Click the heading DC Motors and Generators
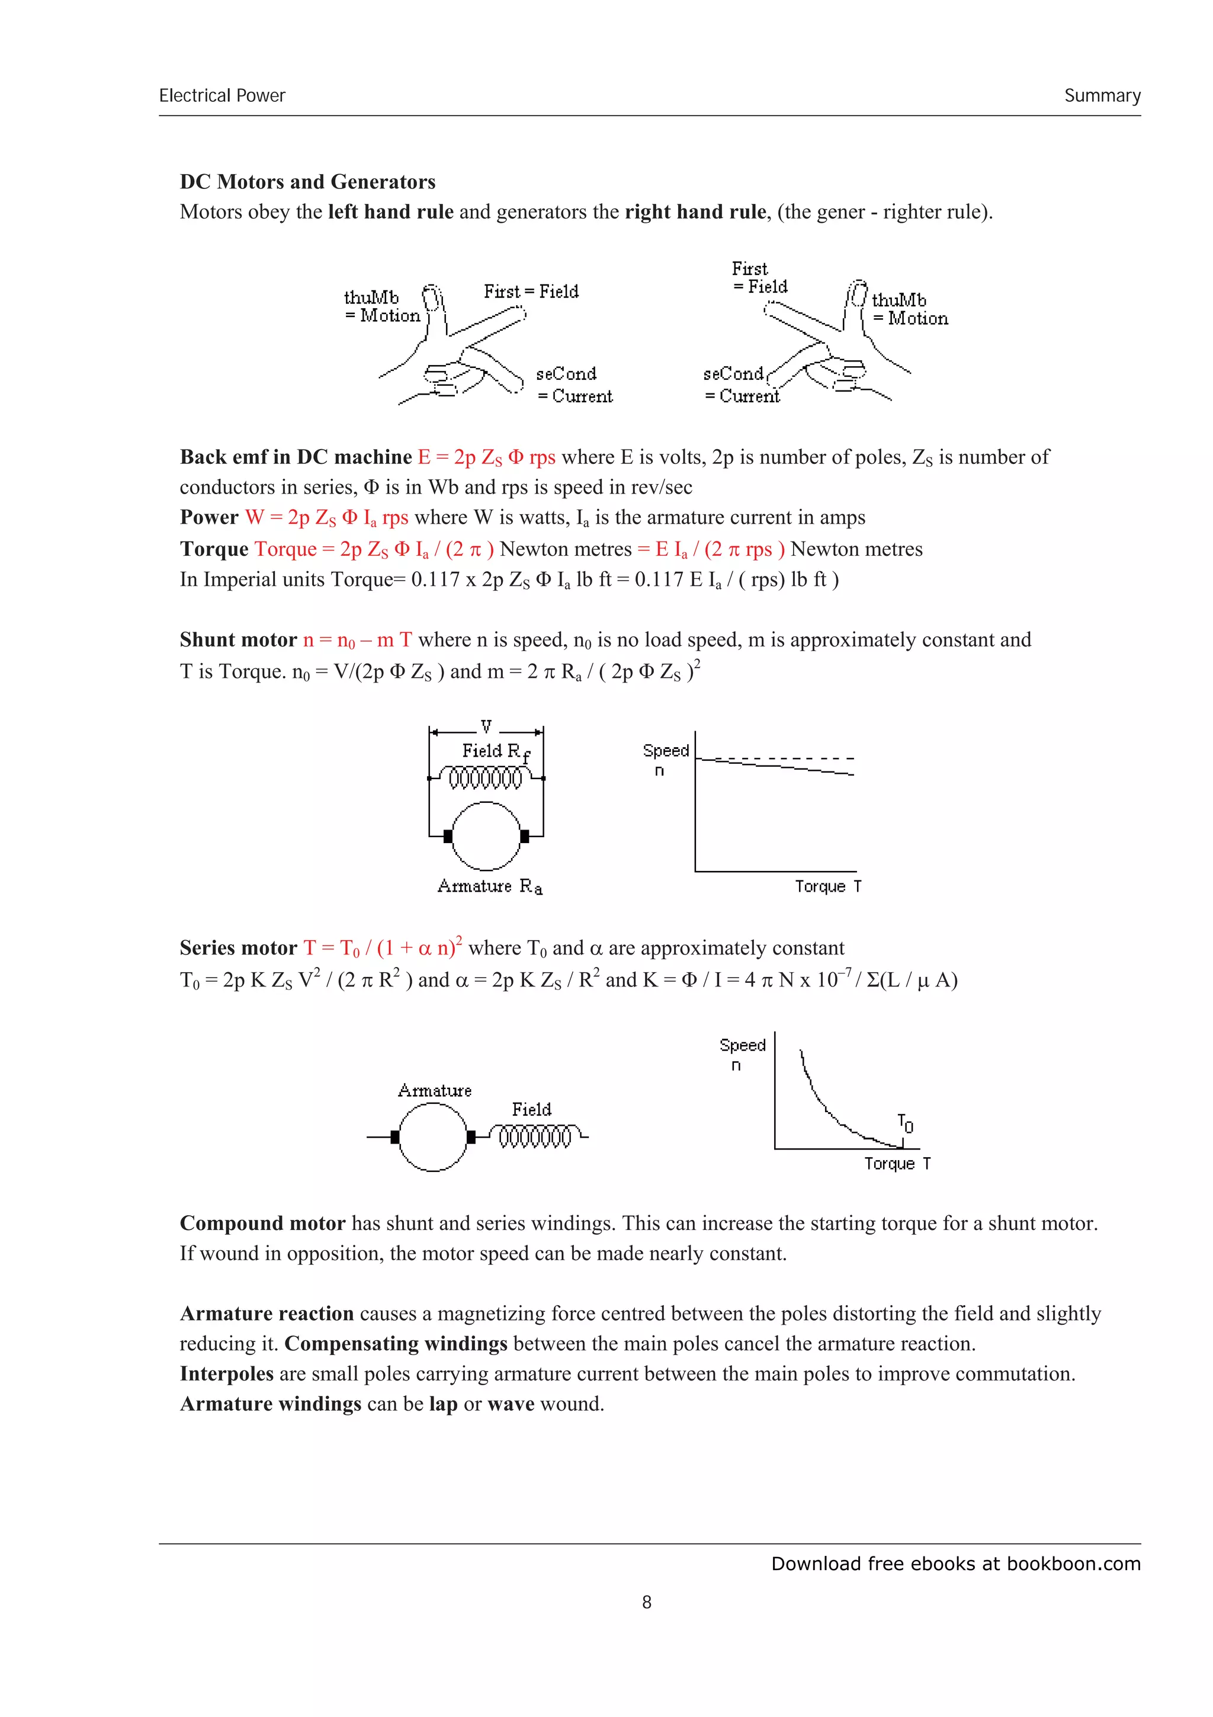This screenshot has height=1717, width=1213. [307, 182]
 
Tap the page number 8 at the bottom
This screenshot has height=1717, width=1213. [647, 1602]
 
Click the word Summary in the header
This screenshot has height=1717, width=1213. [1102, 96]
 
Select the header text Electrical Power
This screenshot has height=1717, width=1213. [222, 96]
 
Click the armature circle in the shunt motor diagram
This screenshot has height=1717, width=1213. [486, 836]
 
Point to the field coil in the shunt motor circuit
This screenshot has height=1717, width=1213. [486, 779]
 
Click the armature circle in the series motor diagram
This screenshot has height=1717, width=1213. [433, 1138]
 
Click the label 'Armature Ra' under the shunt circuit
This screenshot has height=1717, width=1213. [490, 887]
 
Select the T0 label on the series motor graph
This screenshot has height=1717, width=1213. [905, 1123]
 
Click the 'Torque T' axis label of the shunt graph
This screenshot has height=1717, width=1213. [827, 887]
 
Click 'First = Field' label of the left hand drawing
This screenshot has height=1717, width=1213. [531, 291]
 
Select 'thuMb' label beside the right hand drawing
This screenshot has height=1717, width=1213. [898, 300]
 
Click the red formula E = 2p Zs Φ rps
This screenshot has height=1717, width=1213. [486, 457]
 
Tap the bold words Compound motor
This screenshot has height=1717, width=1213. [262, 1223]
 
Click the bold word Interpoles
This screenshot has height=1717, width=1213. [226, 1374]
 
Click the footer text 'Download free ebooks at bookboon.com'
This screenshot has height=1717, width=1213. [955, 1564]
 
